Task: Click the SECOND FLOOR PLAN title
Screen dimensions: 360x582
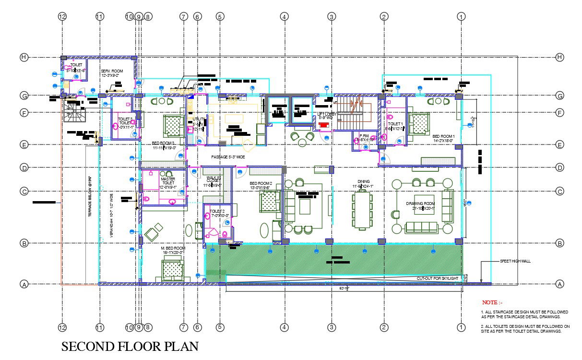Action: tap(130, 347)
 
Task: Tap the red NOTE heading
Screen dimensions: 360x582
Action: tap(492, 302)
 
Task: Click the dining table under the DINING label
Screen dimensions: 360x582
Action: tap(362, 210)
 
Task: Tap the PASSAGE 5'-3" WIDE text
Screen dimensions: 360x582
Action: tap(228, 157)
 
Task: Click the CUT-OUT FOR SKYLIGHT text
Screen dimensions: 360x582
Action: tap(437, 278)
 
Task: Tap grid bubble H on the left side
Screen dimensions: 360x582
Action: tap(24, 57)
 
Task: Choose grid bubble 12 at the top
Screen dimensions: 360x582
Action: tap(62, 16)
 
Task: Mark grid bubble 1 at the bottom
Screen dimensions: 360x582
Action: tap(461, 327)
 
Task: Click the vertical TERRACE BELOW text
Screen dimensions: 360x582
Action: tap(90, 197)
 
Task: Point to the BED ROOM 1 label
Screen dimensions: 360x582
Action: tap(443, 138)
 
